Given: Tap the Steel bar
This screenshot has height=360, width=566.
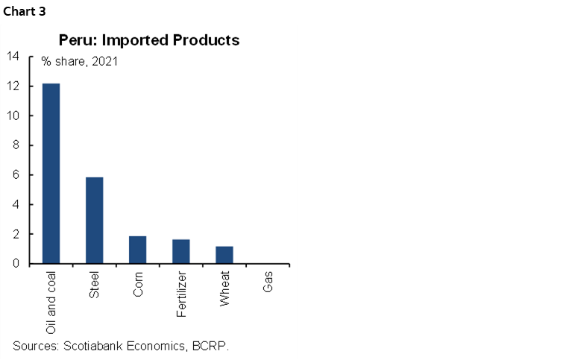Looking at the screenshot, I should (94, 220).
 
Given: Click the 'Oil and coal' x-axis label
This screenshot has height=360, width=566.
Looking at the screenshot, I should (51, 303).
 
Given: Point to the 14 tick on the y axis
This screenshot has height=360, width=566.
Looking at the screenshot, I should (13, 57).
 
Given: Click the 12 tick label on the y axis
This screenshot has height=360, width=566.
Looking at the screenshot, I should (13, 86).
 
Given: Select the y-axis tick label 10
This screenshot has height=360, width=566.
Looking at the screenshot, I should (13, 116).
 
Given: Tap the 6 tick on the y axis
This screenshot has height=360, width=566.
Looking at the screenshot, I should (16, 175).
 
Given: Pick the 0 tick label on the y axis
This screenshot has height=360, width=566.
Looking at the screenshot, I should (16, 263).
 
